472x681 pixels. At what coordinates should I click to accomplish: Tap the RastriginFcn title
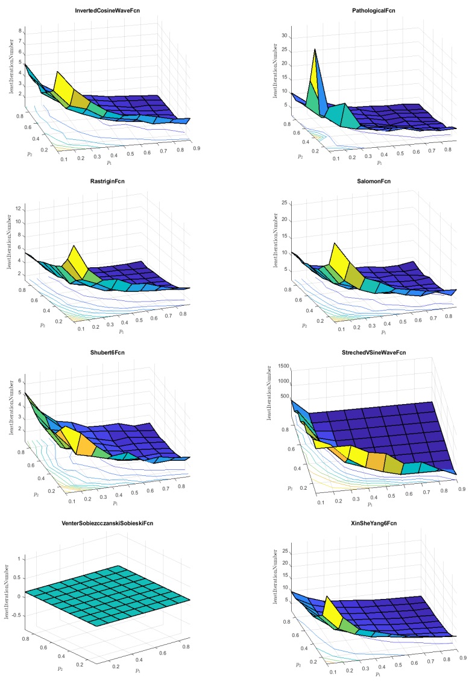coord(102,180)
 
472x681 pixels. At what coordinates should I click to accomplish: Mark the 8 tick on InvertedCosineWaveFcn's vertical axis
coord(20,31)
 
